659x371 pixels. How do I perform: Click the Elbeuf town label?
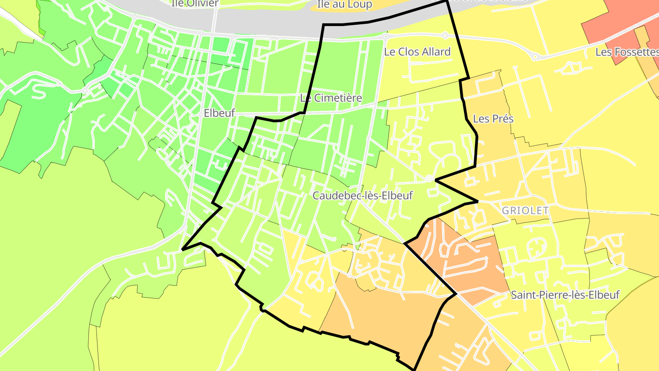219,113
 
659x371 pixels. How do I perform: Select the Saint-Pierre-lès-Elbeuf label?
565,295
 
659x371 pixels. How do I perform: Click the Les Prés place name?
493,119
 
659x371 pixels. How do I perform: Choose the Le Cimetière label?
331,98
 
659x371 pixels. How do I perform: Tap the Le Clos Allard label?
417,52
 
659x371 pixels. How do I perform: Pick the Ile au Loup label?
345,5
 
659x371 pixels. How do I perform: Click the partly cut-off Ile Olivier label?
195,3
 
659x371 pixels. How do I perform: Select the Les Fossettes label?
627,52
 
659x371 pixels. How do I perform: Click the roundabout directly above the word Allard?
445,35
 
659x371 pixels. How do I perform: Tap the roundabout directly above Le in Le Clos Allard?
386,36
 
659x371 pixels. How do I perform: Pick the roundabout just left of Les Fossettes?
535,57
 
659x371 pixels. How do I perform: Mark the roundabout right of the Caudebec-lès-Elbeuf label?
429,178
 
